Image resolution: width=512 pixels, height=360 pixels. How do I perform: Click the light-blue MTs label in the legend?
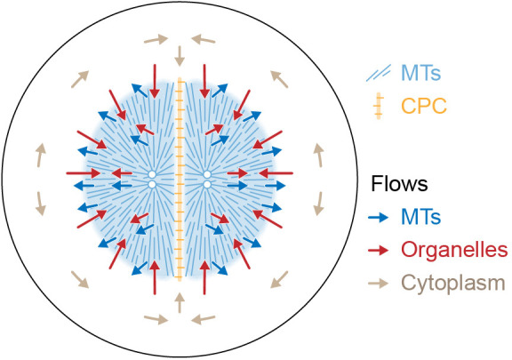421,73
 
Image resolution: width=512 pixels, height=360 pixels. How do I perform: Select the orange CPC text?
424,106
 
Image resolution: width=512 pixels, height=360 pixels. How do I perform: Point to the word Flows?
399,183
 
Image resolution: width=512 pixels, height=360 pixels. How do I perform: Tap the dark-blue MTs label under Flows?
421,216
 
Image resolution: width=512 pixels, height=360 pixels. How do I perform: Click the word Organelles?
454,250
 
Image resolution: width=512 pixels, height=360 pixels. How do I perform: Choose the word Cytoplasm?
453,284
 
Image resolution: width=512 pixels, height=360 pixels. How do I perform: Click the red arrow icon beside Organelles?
378,251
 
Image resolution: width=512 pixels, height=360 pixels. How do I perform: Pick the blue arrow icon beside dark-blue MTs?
378,217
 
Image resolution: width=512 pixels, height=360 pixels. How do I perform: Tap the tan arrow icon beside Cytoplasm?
378,284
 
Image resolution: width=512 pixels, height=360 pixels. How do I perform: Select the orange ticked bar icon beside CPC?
379,106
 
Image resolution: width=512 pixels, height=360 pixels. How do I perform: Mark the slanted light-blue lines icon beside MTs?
378,73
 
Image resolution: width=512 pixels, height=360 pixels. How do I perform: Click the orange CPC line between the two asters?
180,179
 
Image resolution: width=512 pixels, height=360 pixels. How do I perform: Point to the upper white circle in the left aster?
152,174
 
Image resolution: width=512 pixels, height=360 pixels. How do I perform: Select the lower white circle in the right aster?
207,185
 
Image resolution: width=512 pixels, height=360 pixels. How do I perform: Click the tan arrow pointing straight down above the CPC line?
180,56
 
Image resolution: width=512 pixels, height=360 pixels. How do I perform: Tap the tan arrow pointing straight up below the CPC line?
180,303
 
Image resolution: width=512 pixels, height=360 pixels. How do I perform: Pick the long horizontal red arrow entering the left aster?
84,173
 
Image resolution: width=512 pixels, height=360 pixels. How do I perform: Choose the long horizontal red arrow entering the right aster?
276,173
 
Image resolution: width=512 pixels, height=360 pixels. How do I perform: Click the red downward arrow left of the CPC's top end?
155,82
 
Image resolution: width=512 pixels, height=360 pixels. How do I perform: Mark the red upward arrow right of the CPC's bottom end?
204,277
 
